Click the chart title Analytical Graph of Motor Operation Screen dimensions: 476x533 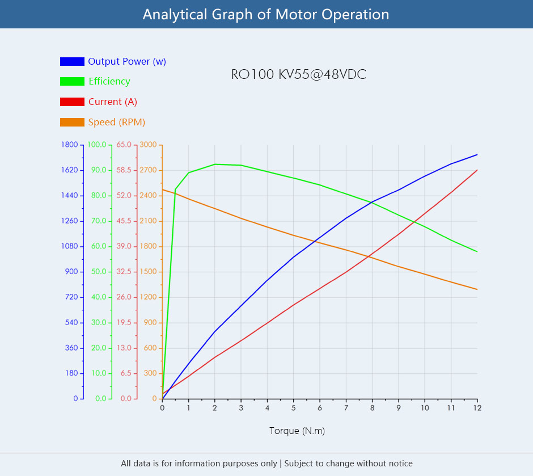pos(266,14)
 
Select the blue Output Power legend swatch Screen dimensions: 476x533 pos(72,61)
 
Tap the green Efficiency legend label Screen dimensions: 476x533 pos(109,81)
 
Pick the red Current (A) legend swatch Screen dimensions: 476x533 pos(72,102)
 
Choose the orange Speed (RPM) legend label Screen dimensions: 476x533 pos(116,122)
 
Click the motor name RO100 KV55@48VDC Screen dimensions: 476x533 pos(298,74)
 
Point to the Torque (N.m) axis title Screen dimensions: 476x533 pos(297,431)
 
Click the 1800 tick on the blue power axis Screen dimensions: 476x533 pos(69,145)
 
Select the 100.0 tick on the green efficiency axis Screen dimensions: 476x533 pos(96,145)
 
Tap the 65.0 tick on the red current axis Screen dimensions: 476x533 pos(124,145)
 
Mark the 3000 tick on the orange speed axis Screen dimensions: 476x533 pos(149,145)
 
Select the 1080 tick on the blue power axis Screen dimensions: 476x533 pos(69,246)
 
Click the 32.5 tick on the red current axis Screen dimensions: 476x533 pos(124,272)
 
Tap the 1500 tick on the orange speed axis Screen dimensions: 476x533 pos(149,272)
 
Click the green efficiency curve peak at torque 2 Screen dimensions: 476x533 pos(215,165)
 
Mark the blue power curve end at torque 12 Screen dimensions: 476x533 pos(477,154)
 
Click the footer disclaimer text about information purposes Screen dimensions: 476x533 pos(266,464)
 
